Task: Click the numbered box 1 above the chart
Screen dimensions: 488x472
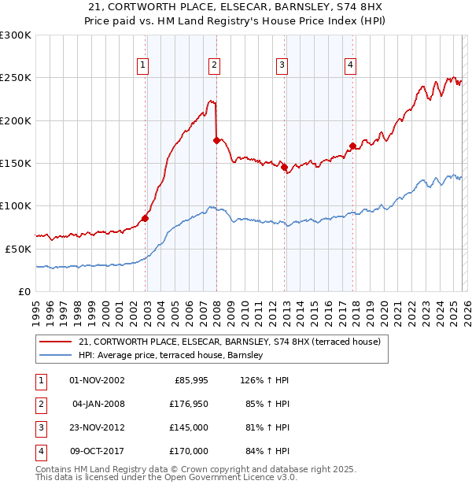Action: [143, 65]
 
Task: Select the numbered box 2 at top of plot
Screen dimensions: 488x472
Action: [214, 65]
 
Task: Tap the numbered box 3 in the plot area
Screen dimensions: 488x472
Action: [282, 65]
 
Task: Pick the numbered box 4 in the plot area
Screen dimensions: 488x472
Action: [350, 65]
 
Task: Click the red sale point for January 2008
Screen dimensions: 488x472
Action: [216, 140]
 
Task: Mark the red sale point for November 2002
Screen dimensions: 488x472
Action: [145, 218]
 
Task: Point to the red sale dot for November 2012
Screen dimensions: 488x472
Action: [284, 168]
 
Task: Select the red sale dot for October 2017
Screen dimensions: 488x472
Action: [352, 146]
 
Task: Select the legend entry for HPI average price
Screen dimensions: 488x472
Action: [170, 356]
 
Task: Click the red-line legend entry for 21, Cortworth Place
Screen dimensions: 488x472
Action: [229, 342]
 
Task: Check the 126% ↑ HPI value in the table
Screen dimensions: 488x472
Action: [263, 380]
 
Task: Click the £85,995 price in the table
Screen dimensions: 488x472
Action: [190, 380]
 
